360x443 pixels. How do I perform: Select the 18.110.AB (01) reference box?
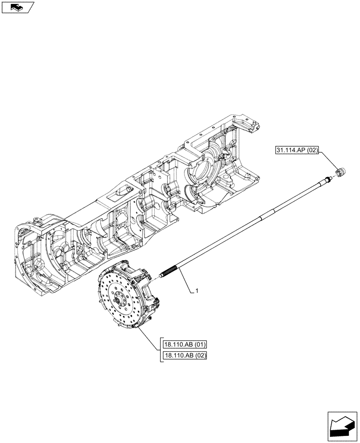(x=185, y=345)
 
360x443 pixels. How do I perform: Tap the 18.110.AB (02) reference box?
(x=185, y=355)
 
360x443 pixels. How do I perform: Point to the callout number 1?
(x=196, y=291)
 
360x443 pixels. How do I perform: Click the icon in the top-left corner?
(x=18, y=7)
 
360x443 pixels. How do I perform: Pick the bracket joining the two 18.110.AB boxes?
(x=160, y=350)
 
